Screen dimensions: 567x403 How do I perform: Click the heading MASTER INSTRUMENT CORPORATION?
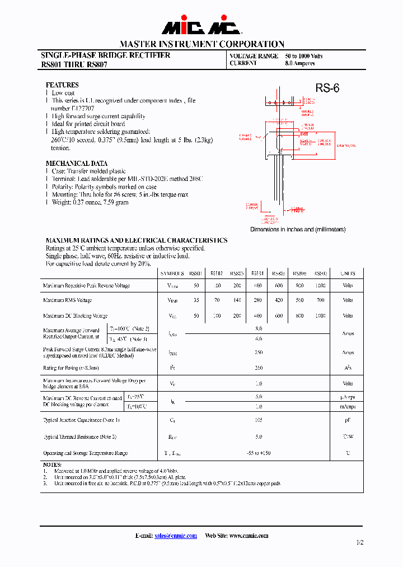click(201, 44)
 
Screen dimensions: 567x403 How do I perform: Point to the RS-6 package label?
click(327, 88)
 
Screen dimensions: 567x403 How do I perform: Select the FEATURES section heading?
click(62, 85)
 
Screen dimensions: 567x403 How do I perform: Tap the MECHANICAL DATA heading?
click(77, 163)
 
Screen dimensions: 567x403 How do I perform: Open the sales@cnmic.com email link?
click(176, 536)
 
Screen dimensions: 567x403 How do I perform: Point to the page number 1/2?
click(359, 542)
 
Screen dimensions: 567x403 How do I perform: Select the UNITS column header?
click(348, 273)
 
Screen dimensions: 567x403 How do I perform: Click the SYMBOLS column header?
click(172, 273)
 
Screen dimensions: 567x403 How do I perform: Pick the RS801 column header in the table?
click(196, 273)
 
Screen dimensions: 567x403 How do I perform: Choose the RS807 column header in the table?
click(320, 273)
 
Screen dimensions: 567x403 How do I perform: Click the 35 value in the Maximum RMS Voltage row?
click(196, 300)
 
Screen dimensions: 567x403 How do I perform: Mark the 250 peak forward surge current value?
click(259, 353)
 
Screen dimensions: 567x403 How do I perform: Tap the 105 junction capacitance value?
click(259, 420)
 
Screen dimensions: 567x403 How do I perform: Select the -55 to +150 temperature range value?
click(259, 453)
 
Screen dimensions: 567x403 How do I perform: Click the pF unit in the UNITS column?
click(348, 420)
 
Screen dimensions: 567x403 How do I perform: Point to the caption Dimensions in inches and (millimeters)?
click(298, 229)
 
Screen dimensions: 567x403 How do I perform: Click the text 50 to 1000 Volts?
click(304, 56)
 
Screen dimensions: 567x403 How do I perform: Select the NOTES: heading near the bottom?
click(52, 464)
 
